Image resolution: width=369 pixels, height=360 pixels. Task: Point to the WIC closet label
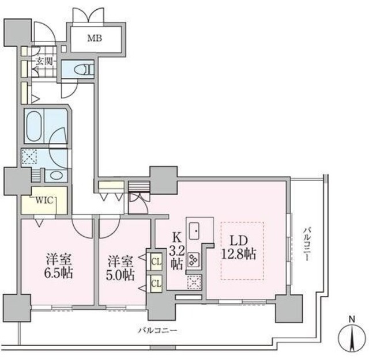45,200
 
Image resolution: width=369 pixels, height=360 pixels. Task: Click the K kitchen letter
177,236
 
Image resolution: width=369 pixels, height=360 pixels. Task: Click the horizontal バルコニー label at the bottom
157,331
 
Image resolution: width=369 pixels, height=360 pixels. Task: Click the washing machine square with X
29,157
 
